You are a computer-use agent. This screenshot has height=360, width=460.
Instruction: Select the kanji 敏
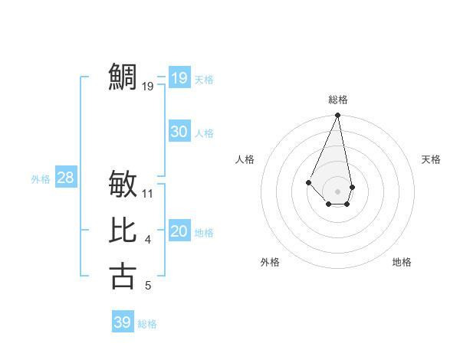pyautogui.click(x=123, y=184)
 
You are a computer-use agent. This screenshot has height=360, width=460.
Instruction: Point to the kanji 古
pyautogui.click(x=123, y=276)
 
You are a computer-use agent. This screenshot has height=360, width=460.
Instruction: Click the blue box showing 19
pyautogui.click(x=179, y=78)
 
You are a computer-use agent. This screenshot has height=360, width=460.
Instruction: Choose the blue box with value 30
pyautogui.click(x=179, y=132)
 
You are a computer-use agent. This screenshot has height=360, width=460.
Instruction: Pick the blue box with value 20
pyautogui.click(x=179, y=231)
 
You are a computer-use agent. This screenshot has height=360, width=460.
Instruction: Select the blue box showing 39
pyautogui.click(x=123, y=322)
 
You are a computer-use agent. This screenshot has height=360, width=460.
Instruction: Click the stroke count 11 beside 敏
pyautogui.click(x=148, y=194)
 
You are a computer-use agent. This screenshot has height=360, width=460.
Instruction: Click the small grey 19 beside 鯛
pyautogui.click(x=148, y=87)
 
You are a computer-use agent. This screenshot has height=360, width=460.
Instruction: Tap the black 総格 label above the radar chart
pyautogui.click(x=338, y=100)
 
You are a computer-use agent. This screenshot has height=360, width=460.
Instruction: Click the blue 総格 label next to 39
pyautogui.click(x=147, y=324)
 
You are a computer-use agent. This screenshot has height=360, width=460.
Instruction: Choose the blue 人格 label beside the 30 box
pyautogui.click(x=204, y=133)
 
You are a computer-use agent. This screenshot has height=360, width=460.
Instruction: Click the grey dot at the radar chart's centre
pyautogui.click(x=338, y=191)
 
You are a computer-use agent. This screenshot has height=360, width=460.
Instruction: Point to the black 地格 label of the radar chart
pyautogui.click(x=402, y=262)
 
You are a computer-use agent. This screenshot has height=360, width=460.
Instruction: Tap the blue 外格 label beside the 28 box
pyautogui.click(x=41, y=179)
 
